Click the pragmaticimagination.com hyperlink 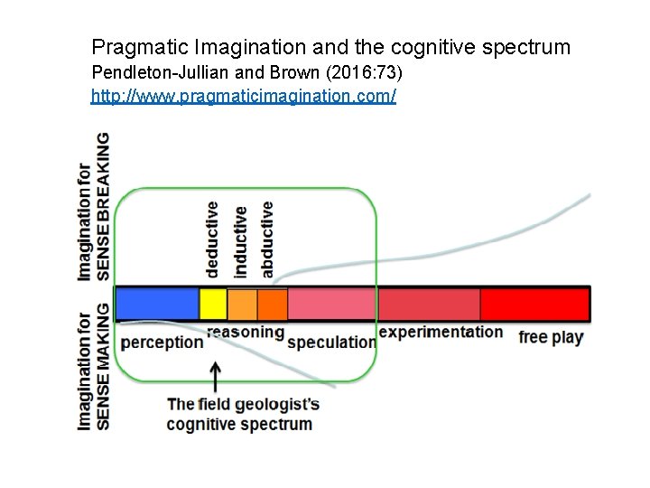click(x=243, y=95)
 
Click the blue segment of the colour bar click(x=157, y=304)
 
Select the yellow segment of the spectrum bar click(x=213, y=304)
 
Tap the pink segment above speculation click(x=331, y=304)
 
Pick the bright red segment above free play click(x=534, y=304)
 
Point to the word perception click(x=162, y=342)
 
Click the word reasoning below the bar click(x=245, y=332)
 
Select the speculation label click(x=331, y=342)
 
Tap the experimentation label click(x=441, y=332)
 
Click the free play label click(x=551, y=337)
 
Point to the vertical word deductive click(x=211, y=239)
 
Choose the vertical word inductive click(x=239, y=240)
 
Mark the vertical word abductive click(x=266, y=239)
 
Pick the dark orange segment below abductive click(x=273, y=304)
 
